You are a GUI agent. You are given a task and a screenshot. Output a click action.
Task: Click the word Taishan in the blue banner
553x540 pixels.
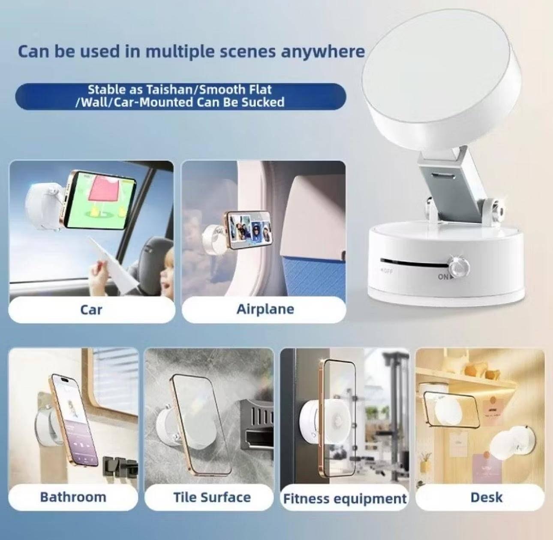point(171,90)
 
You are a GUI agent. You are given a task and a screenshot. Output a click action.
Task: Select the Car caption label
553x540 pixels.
point(91,309)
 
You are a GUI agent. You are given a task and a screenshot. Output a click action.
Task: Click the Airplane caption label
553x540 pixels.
point(265,309)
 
